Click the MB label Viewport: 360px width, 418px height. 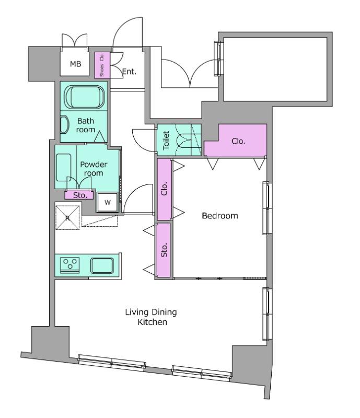click(75, 64)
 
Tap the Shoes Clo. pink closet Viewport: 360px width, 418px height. click(102, 65)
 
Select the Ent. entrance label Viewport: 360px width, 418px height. click(130, 72)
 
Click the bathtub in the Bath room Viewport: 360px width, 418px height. click(85, 97)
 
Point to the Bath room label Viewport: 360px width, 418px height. click(86, 125)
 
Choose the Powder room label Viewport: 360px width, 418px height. click(94, 168)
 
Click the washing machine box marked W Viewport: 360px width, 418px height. click(107, 202)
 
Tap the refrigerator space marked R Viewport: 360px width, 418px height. click(67, 217)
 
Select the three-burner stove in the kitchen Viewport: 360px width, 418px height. click(70, 265)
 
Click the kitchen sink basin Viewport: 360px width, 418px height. click(102, 265)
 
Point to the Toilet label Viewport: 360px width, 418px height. click(166, 140)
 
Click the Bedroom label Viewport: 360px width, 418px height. click(220, 216)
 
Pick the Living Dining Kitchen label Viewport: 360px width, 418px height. click(152, 317)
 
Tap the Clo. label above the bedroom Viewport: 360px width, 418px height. click(238, 141)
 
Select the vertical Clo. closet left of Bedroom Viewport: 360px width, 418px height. click(164, 189)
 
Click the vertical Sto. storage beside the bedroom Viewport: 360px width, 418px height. click(163, 250)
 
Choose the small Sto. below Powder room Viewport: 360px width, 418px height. click(79, 195)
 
